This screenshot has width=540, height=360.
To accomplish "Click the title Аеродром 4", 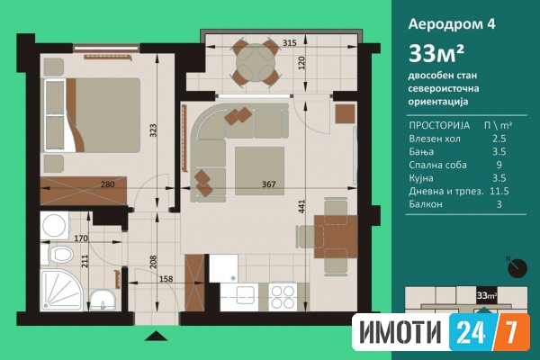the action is coord(452,24).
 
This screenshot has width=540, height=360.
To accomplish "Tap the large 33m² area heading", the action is coord(436,53).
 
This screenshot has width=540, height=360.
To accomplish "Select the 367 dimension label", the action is coord(268,184).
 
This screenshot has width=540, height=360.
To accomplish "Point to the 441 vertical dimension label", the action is coord(302,207).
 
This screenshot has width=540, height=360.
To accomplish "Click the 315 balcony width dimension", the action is coord(289,43).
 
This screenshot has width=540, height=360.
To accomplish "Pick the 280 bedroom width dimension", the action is coord(107,184).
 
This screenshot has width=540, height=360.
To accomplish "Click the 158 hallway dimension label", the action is coord(166,279).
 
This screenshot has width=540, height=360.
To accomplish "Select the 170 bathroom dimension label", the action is coord(81,238).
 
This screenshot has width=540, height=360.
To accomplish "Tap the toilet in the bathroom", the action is coord(58,255).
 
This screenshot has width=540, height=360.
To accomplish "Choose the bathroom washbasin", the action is coord(103,301).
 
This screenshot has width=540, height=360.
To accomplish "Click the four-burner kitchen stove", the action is coord(283,297).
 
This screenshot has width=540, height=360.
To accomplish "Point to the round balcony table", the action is coord(256,63).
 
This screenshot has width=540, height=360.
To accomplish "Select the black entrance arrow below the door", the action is coord(156,336).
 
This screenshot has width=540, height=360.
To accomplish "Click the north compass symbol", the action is coord(517,267).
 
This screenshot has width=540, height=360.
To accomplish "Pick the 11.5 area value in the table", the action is coord(499,191).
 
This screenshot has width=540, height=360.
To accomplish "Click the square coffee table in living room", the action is coord(260,171).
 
